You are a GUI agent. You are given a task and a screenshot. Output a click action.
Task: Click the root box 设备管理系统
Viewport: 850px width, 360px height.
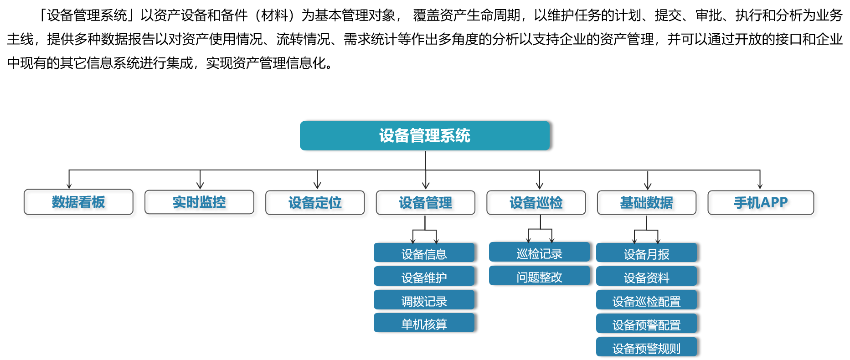click(x=424, y=135)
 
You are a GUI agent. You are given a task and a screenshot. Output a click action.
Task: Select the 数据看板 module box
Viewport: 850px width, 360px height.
click(x=80, y=203)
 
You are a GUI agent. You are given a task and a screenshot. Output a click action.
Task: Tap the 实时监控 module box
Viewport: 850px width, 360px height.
click(x=201, y=204)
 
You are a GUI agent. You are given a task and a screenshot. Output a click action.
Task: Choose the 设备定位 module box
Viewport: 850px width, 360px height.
click(x=317, y=204)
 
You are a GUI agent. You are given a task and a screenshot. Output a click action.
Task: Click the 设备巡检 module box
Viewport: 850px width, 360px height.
click(x=538, y=204)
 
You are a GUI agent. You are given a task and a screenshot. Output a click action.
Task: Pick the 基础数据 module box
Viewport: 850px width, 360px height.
click(x=648, y=204)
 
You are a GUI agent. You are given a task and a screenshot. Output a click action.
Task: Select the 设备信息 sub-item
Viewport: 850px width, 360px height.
click(x=424, y=253)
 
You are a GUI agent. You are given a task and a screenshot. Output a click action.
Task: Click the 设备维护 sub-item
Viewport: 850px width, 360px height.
click(x=424, y=277)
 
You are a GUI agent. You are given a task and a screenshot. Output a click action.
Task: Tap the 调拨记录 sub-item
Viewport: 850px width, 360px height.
click(x=424, y=300)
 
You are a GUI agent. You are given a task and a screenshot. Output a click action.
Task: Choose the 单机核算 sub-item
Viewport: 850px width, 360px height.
click(x=424, y=323)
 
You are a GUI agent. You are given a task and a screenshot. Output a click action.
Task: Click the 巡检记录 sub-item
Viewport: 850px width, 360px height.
click(x=539, y=252)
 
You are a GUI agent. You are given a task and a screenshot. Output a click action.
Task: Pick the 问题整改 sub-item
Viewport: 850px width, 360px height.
click(x=539, y=276)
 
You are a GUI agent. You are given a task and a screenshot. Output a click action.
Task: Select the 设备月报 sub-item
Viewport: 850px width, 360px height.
click(x=646, y=253)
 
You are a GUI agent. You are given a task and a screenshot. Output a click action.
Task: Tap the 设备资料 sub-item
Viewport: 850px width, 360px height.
click(x=646, y=277)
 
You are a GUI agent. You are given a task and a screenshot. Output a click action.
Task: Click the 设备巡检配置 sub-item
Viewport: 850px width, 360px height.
click(x=646, y=300)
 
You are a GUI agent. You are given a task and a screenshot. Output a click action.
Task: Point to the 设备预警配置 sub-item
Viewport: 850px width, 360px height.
click(x=646, y=324)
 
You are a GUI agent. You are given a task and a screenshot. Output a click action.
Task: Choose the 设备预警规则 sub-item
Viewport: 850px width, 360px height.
click(x=646, y=347)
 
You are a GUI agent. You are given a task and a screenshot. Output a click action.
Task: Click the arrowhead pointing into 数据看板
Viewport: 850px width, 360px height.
click(x=69, y=185)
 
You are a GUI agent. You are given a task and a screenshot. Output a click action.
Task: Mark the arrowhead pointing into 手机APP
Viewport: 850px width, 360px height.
click(x=760, y=185)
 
